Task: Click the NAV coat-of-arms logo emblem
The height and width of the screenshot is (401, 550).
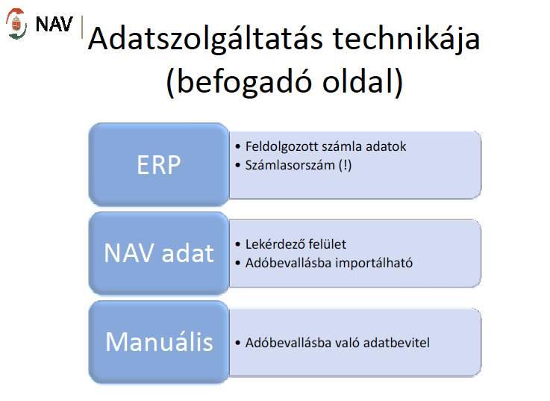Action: (x=16, y=24)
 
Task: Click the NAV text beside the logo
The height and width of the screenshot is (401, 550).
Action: (x=54, y=24)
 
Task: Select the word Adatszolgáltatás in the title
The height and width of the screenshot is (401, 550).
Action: (x=204, y=40)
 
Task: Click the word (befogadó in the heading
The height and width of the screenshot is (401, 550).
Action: (x=240, y=82)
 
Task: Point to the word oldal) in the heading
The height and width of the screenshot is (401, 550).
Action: (x=363, y=82)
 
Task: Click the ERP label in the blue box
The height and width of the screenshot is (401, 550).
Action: (x=158, y=165)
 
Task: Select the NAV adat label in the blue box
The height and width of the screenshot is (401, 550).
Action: (x=158, y=253)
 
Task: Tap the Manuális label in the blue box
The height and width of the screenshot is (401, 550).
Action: (x=159, y=342)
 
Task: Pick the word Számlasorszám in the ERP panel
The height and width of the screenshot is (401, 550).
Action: (x=290, y=165)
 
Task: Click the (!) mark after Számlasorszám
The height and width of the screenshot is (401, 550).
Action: (x=345, y=165)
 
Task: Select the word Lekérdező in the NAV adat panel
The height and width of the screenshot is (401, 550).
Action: (x=275, y=244)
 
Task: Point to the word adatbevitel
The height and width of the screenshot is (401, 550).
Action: (x=396, y=343)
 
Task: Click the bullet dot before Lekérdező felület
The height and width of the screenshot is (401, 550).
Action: (x=238, y=244)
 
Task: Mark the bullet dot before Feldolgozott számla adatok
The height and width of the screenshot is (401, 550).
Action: (x=238, y=146)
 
